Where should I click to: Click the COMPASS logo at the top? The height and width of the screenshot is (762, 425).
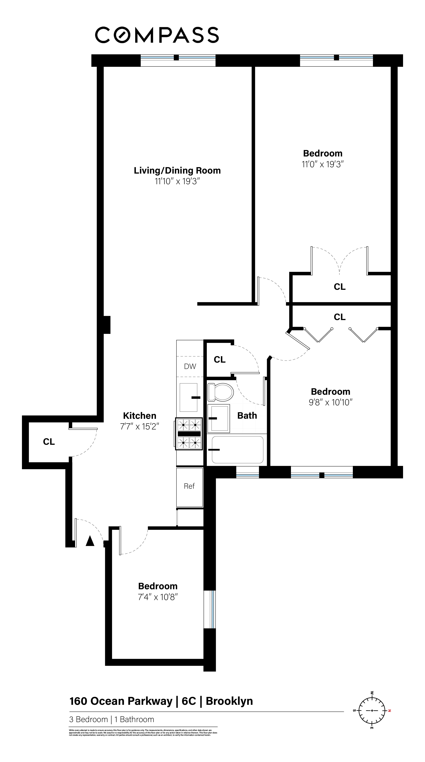pos(157,35)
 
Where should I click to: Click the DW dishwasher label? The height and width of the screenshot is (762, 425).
pos(190,366)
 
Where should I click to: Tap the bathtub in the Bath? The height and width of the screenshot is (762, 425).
pos(237,450)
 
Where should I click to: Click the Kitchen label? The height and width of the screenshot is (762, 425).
pos(140,416)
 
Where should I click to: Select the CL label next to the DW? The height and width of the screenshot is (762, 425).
pos(219,359)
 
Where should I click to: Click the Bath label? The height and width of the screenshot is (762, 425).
pos(247,416)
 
